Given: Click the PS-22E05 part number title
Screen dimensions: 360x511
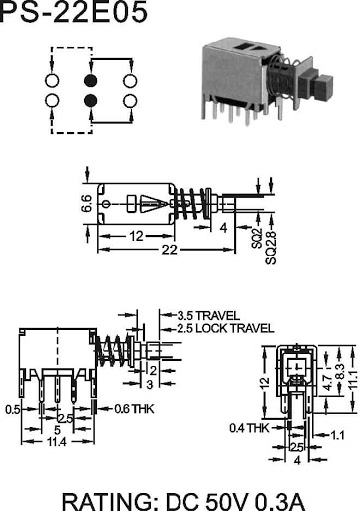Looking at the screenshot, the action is [x=73, y=12].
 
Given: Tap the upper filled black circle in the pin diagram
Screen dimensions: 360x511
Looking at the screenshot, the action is [x=90, y=80].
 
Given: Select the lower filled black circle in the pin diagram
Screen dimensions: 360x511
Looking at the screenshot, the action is [x=90, y=101].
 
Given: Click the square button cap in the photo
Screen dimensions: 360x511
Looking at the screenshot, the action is [x=322, y=88].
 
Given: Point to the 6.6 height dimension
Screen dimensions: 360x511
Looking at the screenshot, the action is [x=87, y=204].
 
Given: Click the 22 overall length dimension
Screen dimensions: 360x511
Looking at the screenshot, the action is [x=169, y=250].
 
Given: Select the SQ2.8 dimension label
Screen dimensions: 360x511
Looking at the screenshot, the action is [x=271, y=248].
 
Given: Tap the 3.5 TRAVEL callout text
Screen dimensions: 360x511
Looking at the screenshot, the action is [x=208, y=315].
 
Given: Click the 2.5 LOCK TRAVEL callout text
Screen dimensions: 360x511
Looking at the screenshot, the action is [x=225, y=329].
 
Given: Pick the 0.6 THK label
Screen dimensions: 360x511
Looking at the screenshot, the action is [x=134, y=409].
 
